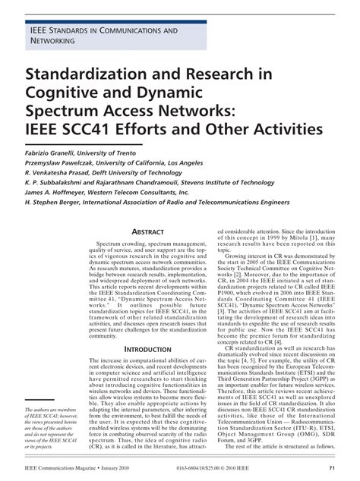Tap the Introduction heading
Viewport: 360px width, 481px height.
point(154,327)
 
